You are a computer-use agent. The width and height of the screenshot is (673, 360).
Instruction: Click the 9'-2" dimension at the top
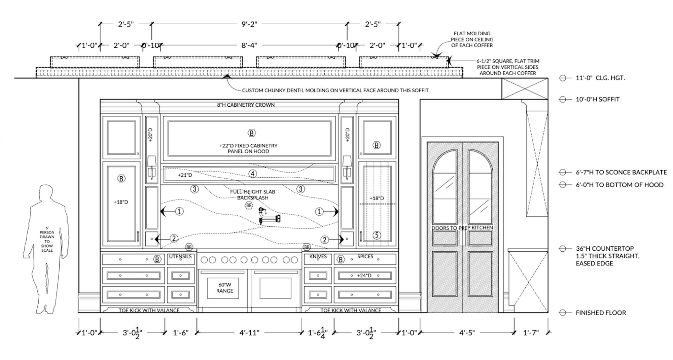(249, 24)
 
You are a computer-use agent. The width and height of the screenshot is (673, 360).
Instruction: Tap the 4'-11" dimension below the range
(249, 333)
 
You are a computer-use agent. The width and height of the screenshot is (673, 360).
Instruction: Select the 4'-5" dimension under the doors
(467, 333)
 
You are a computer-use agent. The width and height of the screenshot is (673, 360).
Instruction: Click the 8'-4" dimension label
(249, 45)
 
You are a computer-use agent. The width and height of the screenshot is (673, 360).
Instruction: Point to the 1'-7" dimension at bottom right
(531, 333)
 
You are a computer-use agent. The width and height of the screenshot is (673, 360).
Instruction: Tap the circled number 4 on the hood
(253, 174)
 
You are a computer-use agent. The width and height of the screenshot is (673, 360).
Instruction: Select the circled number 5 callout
(377, 235)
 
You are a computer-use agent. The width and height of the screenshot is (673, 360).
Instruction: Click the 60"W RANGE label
(224, 288)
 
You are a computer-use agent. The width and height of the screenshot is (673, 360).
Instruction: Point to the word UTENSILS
(180, 256)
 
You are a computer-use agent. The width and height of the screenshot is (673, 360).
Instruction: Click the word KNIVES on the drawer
(318, 256)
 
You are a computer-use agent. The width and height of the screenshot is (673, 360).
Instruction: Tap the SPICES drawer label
(365, 256)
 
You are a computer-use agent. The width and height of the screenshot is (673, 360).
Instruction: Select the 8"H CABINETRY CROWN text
(246, 105)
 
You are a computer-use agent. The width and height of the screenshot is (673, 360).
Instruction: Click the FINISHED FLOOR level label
(601, 313)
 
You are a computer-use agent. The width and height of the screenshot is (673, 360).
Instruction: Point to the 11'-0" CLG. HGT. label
(600, 78)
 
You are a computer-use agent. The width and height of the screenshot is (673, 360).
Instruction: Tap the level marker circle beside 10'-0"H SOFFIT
(563, 99)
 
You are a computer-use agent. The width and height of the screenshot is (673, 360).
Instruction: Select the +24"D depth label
(364, 276)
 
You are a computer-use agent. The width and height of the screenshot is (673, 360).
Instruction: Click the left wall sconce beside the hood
(152, 167)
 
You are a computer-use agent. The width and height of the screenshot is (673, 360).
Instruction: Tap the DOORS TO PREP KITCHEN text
(462, 228)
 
